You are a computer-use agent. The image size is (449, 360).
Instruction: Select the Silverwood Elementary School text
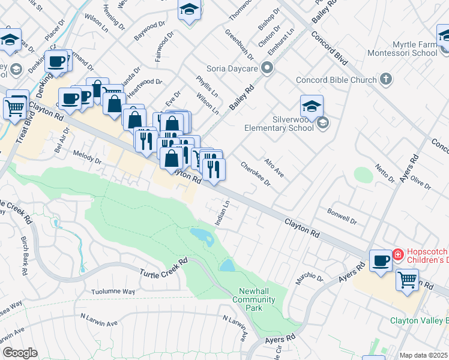tap(279, 122)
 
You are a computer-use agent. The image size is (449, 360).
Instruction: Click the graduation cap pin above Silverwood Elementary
tap(312, 106)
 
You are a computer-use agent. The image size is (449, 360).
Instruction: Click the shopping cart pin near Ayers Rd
tap(408, 280)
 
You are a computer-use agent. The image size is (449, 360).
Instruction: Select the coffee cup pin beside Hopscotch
tap(381, 260)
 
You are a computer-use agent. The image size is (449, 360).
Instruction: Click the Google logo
tap(19, 353)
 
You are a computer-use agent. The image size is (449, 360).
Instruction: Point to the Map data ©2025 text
tap(423, 355)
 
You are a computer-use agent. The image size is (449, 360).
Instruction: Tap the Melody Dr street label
tap(87, 158)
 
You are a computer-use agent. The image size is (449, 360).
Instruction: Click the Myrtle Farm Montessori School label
tap(405, 49)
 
